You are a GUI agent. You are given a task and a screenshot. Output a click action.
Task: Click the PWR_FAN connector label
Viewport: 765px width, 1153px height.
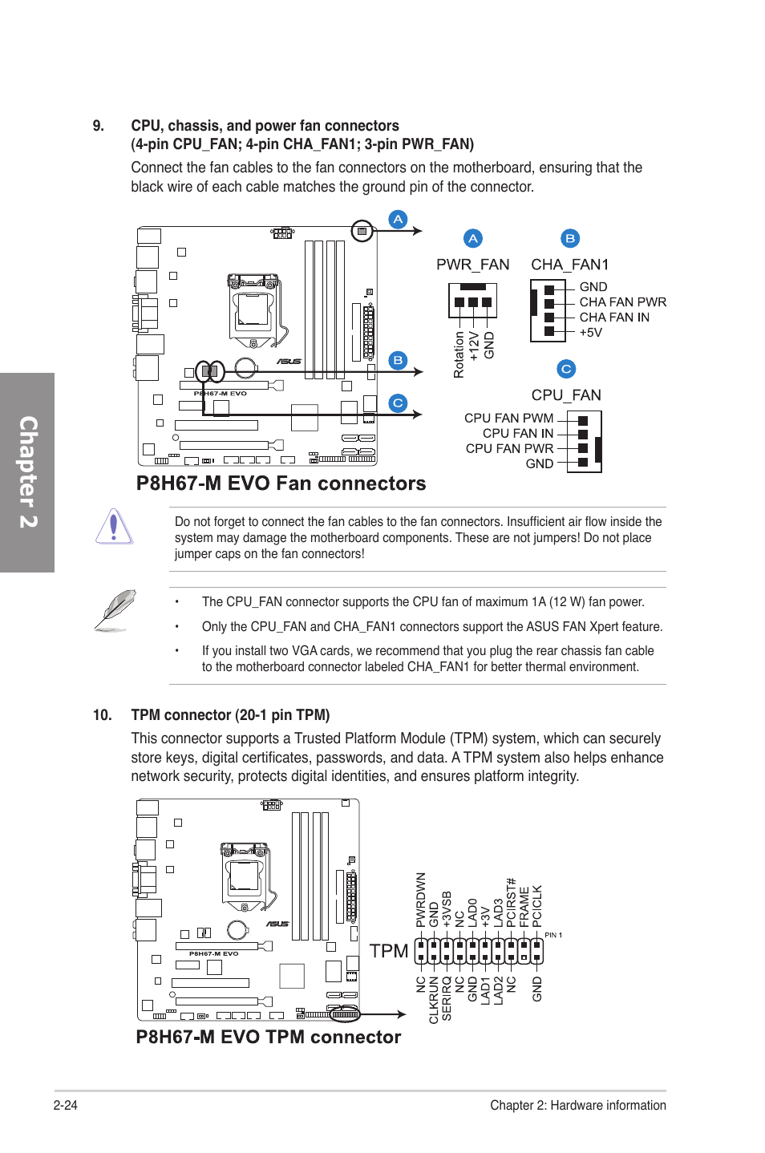pos(472,265)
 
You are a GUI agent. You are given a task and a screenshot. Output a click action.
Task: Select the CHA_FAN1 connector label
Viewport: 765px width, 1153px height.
pos(569,265)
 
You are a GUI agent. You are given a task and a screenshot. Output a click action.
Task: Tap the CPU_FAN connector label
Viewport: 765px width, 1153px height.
pos(565,395)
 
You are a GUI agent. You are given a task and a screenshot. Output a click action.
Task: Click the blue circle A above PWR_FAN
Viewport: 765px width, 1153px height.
pos(473,238)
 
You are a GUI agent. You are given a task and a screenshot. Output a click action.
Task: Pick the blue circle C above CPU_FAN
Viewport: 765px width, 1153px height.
pos(566,369)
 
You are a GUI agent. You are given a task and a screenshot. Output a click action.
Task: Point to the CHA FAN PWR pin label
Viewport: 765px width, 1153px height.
pos(622,302)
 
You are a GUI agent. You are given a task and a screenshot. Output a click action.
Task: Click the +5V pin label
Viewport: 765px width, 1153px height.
pos(590,333)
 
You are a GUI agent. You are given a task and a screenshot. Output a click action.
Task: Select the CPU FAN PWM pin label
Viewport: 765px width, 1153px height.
pos(508,419)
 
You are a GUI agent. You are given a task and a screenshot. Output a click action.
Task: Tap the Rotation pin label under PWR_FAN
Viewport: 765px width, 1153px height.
pos(459,354)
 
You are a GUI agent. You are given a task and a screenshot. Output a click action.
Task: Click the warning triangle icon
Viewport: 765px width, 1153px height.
pos(114,527)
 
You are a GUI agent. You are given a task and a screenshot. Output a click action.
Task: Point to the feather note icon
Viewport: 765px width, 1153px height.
pos(115,610)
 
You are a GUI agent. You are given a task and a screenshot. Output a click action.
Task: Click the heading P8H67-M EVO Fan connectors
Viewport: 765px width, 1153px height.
pos(281,483)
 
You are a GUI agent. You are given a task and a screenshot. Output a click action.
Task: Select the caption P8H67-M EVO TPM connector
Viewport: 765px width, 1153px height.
pos(268,1037)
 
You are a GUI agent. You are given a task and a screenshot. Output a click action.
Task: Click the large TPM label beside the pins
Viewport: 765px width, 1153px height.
pos(389,951)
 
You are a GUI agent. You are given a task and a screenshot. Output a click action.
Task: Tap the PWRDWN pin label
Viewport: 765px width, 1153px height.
pos(421,900)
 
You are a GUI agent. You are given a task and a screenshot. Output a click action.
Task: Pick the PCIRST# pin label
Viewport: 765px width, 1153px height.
pos(511,903)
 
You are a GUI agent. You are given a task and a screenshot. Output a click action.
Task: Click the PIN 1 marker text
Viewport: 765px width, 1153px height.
pos(553,935)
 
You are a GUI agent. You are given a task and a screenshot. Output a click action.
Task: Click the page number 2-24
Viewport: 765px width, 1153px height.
pos(66,1105)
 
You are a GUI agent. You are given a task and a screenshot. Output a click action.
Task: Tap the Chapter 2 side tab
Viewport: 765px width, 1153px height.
pos(28,472)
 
